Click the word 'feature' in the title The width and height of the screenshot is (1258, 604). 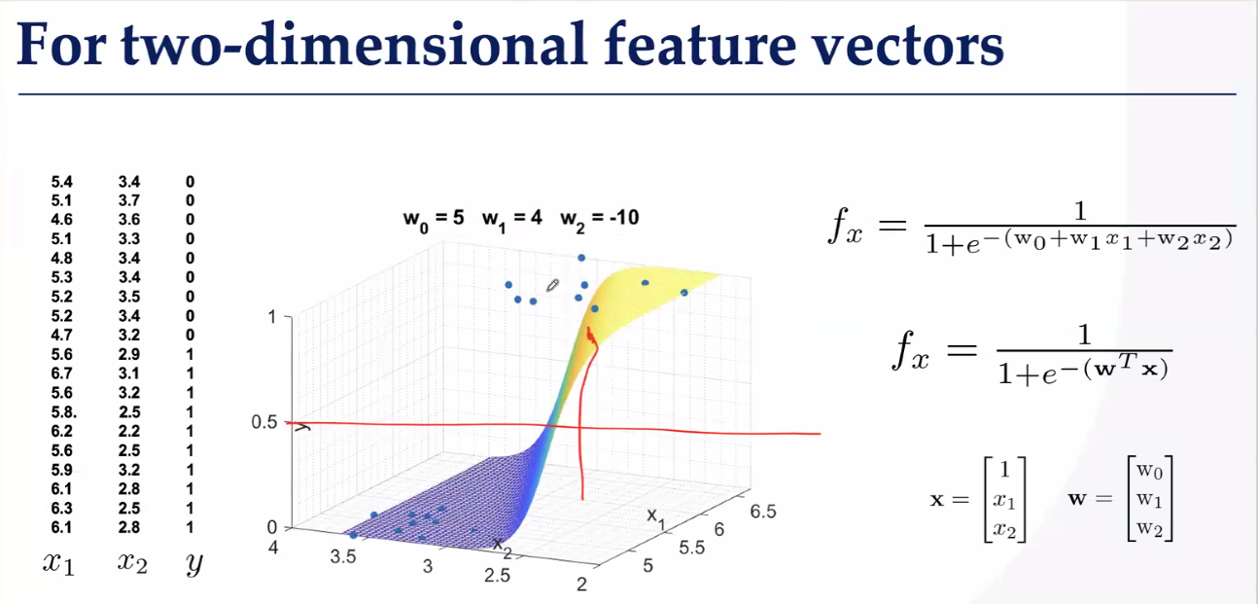[700, 44]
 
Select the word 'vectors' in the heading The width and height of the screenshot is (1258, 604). [908, 46]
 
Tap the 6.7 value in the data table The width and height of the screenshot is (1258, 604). [62, 373]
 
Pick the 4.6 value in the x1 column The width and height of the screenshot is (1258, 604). [62, 220]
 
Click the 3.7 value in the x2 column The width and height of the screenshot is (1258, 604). [129, 200]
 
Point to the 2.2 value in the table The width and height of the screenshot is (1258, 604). [129, 432]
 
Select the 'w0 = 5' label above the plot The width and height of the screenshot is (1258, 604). [434, 219]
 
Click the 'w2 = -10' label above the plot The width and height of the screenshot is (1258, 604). [599, 219]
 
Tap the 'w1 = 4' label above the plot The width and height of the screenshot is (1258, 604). [511, 219]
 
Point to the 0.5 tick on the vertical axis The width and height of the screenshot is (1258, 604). [264, 422]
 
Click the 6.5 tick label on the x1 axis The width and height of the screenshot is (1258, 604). [763, 512]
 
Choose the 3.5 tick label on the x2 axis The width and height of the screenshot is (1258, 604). [343, 556]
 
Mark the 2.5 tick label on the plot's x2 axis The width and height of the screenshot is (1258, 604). [497, 576]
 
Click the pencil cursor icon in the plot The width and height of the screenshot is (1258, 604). [552, 285]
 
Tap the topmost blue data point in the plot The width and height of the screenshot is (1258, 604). [581, 258]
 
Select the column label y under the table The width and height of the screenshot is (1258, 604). [194, 563]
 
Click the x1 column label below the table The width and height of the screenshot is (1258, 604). [58, 563]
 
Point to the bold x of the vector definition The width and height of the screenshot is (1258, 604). [937, 500]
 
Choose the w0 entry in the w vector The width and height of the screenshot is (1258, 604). [1150, 471]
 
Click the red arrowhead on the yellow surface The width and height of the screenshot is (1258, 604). [590, 336]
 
